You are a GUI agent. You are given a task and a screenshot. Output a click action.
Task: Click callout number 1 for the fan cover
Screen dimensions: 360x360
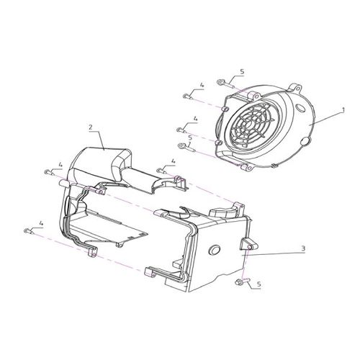tap(343, 110)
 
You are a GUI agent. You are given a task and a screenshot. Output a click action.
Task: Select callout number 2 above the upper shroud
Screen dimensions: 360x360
tap(91, 127)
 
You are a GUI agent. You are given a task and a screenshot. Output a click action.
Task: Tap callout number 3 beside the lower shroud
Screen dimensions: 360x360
tap(303, 248)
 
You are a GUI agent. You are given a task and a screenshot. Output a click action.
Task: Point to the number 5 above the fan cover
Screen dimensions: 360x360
tap(242, 71)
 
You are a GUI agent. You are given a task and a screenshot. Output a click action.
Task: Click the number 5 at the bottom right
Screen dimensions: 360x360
tap(258, 284)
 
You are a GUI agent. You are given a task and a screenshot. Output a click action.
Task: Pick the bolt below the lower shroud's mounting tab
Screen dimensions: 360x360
tap(243, 282)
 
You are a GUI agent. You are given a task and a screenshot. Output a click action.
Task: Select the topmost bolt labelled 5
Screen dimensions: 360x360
tap(225, 83)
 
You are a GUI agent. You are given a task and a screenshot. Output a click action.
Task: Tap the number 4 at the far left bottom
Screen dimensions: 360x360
tap(41, 223)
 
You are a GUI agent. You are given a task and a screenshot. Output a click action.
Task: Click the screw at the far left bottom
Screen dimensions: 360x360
tap(29, 232)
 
